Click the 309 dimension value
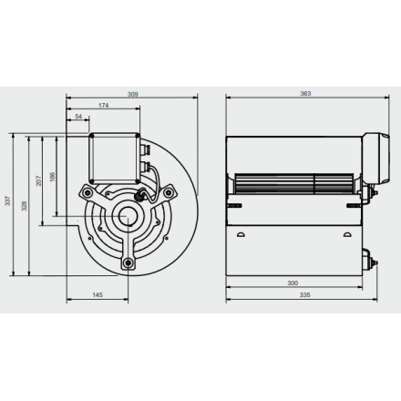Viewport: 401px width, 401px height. click(133, 94)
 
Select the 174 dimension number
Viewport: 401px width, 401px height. click(103, 105)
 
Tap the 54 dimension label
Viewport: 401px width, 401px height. click(78, 117)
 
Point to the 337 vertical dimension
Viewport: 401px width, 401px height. click(7, 200)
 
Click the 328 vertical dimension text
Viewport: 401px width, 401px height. click(25, 206)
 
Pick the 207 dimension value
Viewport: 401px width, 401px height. click(38, 180)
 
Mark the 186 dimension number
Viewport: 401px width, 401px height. click(52, 177)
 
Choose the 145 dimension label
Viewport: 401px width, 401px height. click(98, 294)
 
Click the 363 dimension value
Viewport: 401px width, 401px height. click(305, 94)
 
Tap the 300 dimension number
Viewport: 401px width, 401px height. click(293, 283)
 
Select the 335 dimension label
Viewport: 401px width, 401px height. click(304, 294)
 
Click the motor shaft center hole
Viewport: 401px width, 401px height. click(125, 216)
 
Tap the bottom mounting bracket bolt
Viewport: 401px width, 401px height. click(129, 262)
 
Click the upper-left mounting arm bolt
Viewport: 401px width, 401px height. click(87, 192)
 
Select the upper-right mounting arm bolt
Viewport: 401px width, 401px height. click(167, 191)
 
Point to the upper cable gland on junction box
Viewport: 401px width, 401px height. click(145, 149)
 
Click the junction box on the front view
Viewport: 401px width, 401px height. click(115, 159)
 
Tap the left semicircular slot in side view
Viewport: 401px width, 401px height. click(241, 234)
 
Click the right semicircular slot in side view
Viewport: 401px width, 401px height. click(347, 234)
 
